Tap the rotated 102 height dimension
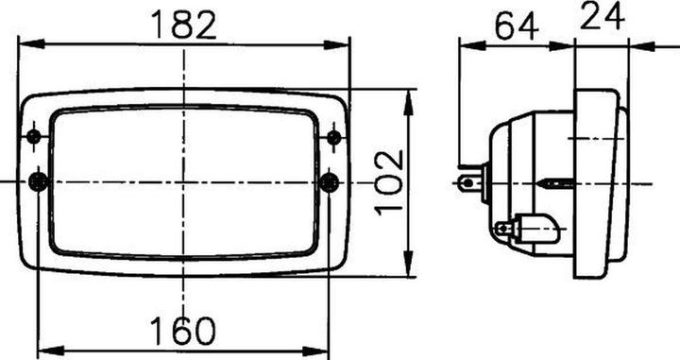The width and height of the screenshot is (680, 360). coord(388,182)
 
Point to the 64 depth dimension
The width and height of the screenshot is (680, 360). coord(517,26)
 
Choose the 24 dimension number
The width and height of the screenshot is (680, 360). coord(602,16)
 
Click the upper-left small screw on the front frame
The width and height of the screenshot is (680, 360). coord(34,138)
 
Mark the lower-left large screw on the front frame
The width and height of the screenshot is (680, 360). coord(38,180)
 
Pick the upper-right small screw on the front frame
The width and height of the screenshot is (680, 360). coord(333,138)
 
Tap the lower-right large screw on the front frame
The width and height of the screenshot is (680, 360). coord(330,180)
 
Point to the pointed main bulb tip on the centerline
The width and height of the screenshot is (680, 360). coord(557,180)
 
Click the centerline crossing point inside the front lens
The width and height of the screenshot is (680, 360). coord(184,180)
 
